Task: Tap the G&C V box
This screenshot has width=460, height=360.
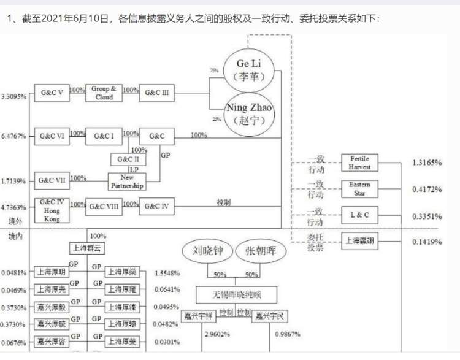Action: pos(52,94)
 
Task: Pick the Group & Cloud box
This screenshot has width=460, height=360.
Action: pos(104,93)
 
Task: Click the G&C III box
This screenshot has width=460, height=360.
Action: pos(157,94)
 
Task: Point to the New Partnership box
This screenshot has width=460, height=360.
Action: pos(128,182)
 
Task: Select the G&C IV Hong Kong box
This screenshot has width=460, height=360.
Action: pos(52,209)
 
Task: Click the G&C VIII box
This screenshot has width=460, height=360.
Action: pos(104,207)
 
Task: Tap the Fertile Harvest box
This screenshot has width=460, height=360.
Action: pos(359,163)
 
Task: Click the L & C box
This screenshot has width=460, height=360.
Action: pos(359,215)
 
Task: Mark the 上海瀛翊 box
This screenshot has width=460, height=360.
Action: pos(359,241)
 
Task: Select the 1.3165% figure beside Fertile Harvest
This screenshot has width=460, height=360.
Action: pos(427,163)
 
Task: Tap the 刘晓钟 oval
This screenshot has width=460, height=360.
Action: pos(206,251)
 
